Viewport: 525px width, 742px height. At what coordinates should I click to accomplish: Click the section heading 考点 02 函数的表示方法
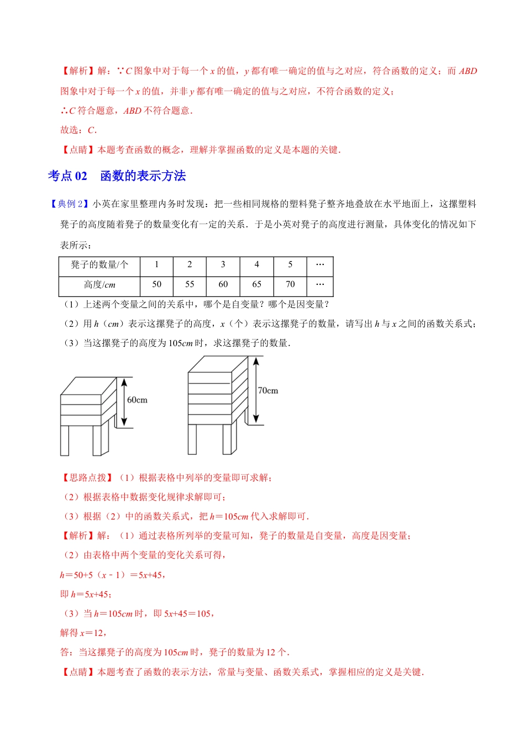(x=117, y=176)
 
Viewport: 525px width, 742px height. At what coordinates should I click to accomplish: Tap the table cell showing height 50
(x=156, y=284)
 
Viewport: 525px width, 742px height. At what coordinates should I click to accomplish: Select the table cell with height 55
(x=190, y=284)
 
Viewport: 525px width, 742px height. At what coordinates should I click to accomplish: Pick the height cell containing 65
(x=256, y=284)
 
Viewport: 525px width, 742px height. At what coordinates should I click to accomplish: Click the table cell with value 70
(x=290, y=284)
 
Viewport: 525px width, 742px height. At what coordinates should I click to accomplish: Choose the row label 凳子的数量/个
(x=99, y=265)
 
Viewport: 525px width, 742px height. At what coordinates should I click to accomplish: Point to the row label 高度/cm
(x=99, y=285)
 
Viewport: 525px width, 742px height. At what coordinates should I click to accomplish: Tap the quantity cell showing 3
(x=223, y=265)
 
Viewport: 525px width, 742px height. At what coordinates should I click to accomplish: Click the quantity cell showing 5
(x=290, y=265)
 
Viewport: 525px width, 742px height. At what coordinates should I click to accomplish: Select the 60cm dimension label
(x=138, y=400)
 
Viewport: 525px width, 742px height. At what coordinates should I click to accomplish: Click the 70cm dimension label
(x=268, y=390)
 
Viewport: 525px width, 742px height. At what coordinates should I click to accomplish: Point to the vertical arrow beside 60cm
(x=124, y=402)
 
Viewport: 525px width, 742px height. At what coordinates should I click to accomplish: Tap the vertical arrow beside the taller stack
(x=256, y=390)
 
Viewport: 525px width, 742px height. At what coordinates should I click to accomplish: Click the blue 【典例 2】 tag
(x=70, y=204)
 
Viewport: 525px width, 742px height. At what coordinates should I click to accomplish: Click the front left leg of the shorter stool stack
(x=65, y=441)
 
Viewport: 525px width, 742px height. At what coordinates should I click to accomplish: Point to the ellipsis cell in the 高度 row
(x=320, y=284)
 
